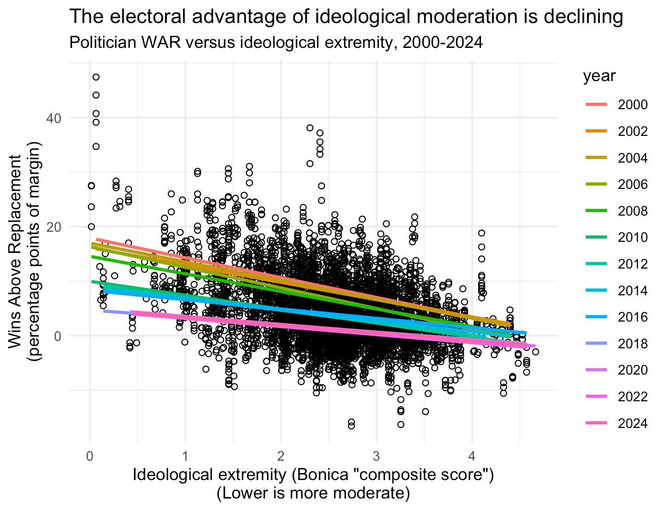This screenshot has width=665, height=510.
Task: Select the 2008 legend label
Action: tap(633, 211)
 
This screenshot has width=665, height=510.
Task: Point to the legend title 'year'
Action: tap(599, 76)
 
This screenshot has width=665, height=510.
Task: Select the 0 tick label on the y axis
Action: tap(58, 336)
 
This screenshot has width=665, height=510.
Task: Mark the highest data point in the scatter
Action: tap(96, 77)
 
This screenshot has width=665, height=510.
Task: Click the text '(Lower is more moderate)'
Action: tap(313, 493)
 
